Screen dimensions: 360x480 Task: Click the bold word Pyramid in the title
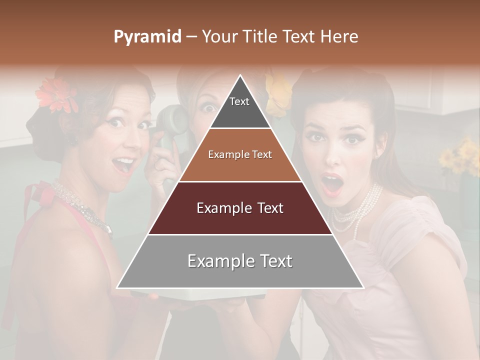coord(147,37)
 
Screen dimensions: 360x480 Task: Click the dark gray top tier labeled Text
coord(239,108)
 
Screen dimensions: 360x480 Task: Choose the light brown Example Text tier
coord(240,155)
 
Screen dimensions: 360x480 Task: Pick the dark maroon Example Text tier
coord(240,208)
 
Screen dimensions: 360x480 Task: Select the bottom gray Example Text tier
coord(240,261)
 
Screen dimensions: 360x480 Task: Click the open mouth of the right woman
coord(331,184)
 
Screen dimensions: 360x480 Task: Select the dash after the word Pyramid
coord(191,37)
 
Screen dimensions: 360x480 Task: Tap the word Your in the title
coord(220,37)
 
